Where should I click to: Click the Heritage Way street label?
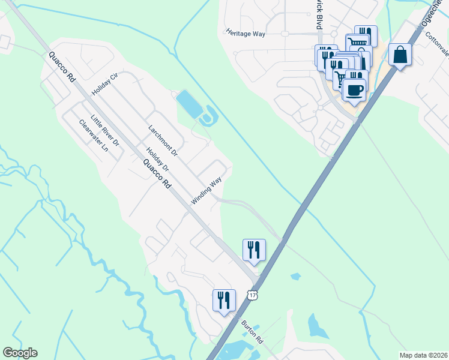(x=246, y=34)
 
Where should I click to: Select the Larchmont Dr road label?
(x=163, y=140)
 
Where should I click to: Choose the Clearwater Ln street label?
(x=94, y=135)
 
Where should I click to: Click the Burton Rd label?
(x=253, y=332)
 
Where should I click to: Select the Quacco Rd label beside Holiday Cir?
(x=63, y=67)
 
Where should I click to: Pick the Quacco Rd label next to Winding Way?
(x=155, y=174)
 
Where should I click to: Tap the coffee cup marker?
(x=354, y=91)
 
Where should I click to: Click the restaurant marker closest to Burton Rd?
(x=224, y=299)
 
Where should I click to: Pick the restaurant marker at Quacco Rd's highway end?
(x=254, y=249)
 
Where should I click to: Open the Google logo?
(x=20, y=353)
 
